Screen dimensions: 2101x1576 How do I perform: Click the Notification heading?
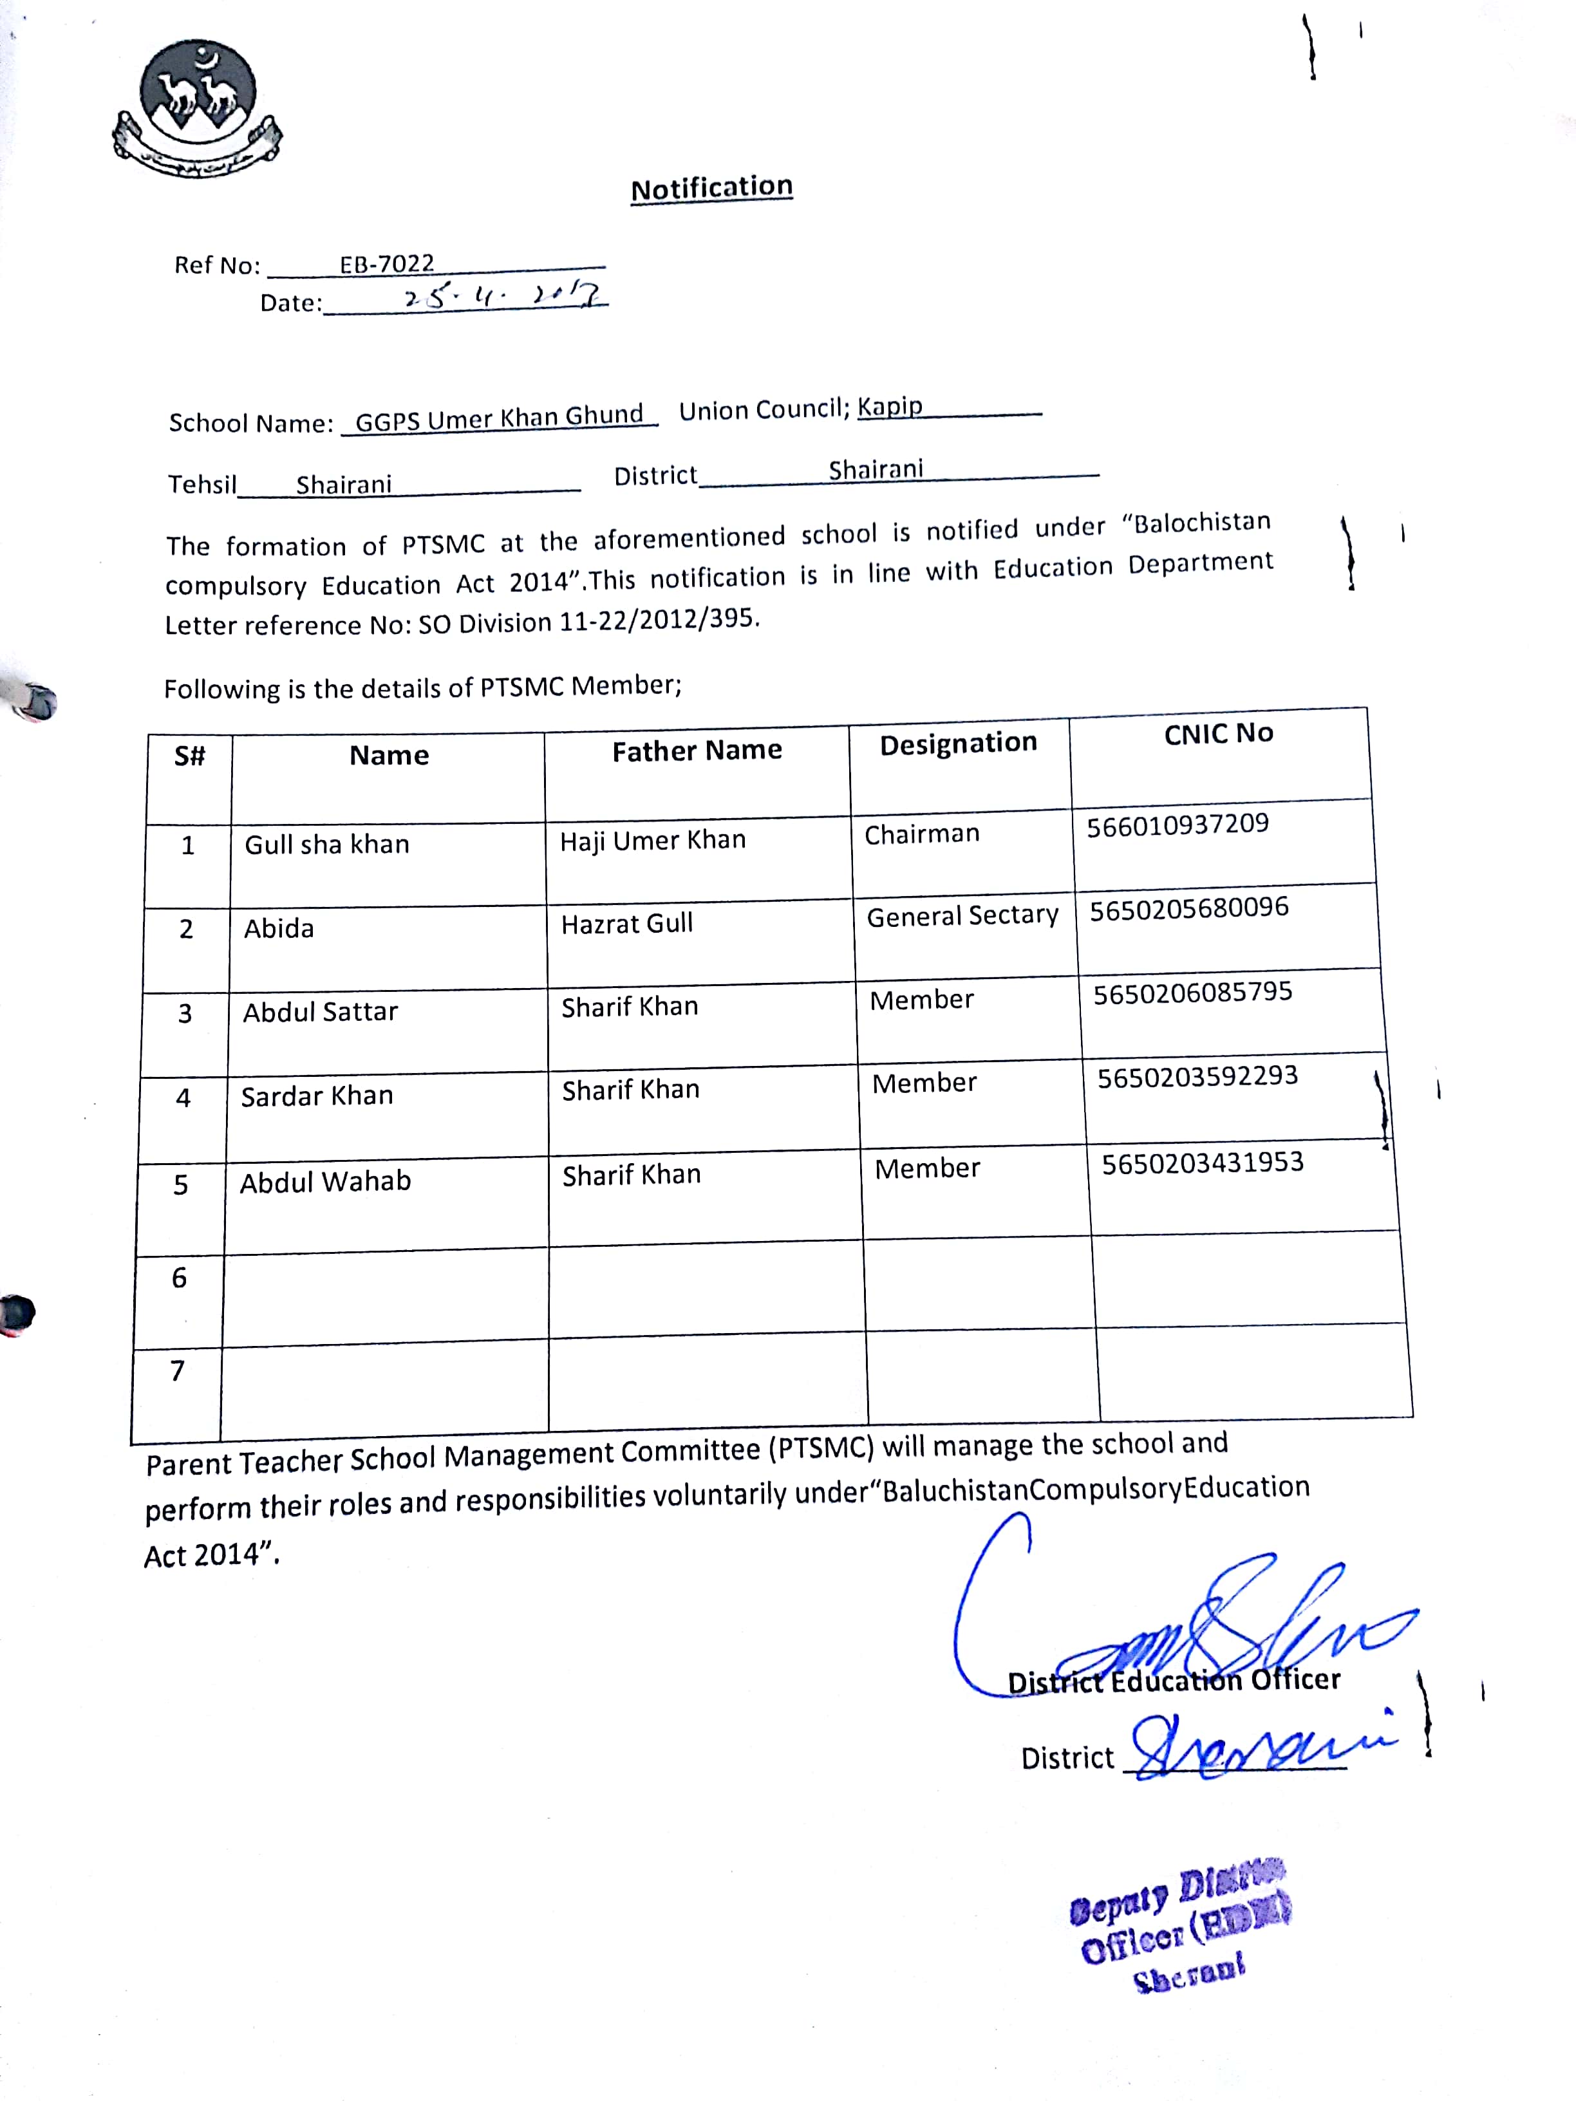pos(711,187)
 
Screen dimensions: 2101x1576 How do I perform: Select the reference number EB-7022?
pos(387,263)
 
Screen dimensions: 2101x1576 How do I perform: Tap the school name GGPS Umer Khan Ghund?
pos(499,418)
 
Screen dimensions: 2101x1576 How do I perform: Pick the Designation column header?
pos(957,743)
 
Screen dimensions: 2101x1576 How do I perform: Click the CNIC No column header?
pos(1218,733)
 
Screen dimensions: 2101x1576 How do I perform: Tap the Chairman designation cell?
pos(921,834)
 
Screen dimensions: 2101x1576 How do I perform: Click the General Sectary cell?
pos(962,915)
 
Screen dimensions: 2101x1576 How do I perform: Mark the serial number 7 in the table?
pos(176,1370)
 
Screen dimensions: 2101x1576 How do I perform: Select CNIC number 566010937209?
pos(1177,825)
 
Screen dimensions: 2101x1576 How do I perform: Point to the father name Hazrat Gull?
pos(627,923)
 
